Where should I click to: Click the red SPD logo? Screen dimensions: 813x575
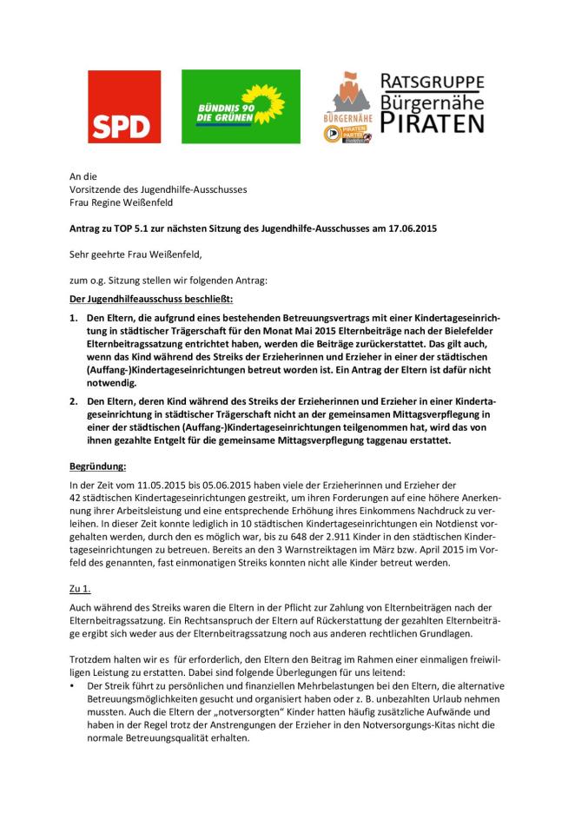(x=124, y=107)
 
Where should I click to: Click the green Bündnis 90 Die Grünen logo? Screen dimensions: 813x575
(x=241, y=107)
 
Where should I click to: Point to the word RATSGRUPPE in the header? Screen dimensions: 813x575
(x=433, y=83)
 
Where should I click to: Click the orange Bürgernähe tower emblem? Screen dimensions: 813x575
(x=347, y=94)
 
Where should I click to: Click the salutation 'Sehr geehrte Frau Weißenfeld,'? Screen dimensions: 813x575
(x=135, y=254)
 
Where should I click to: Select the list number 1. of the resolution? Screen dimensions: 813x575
(x=74, y=319)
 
